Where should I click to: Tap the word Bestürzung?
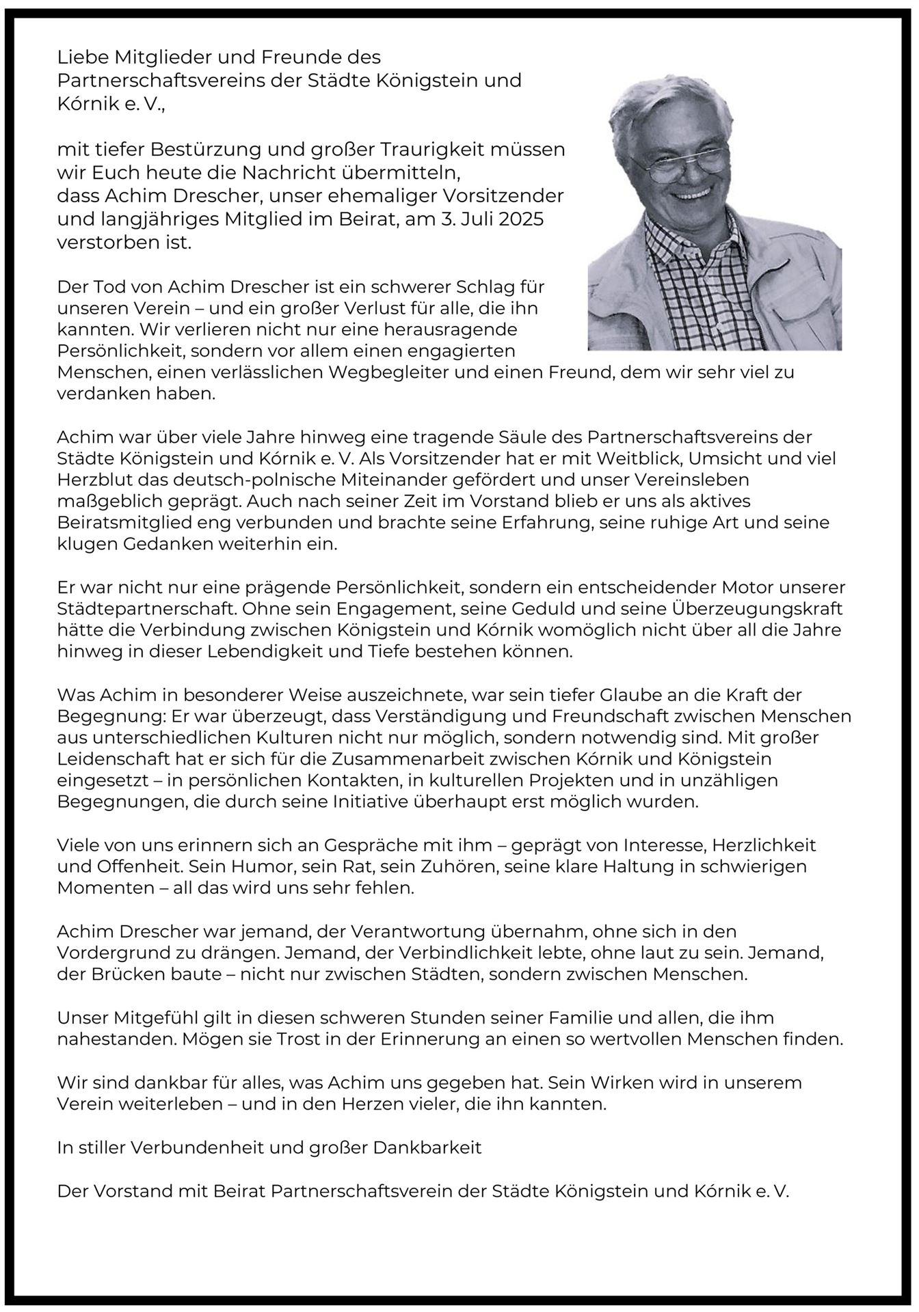coord(209,149)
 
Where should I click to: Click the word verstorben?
coord(101,243)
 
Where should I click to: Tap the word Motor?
coord(760,587)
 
